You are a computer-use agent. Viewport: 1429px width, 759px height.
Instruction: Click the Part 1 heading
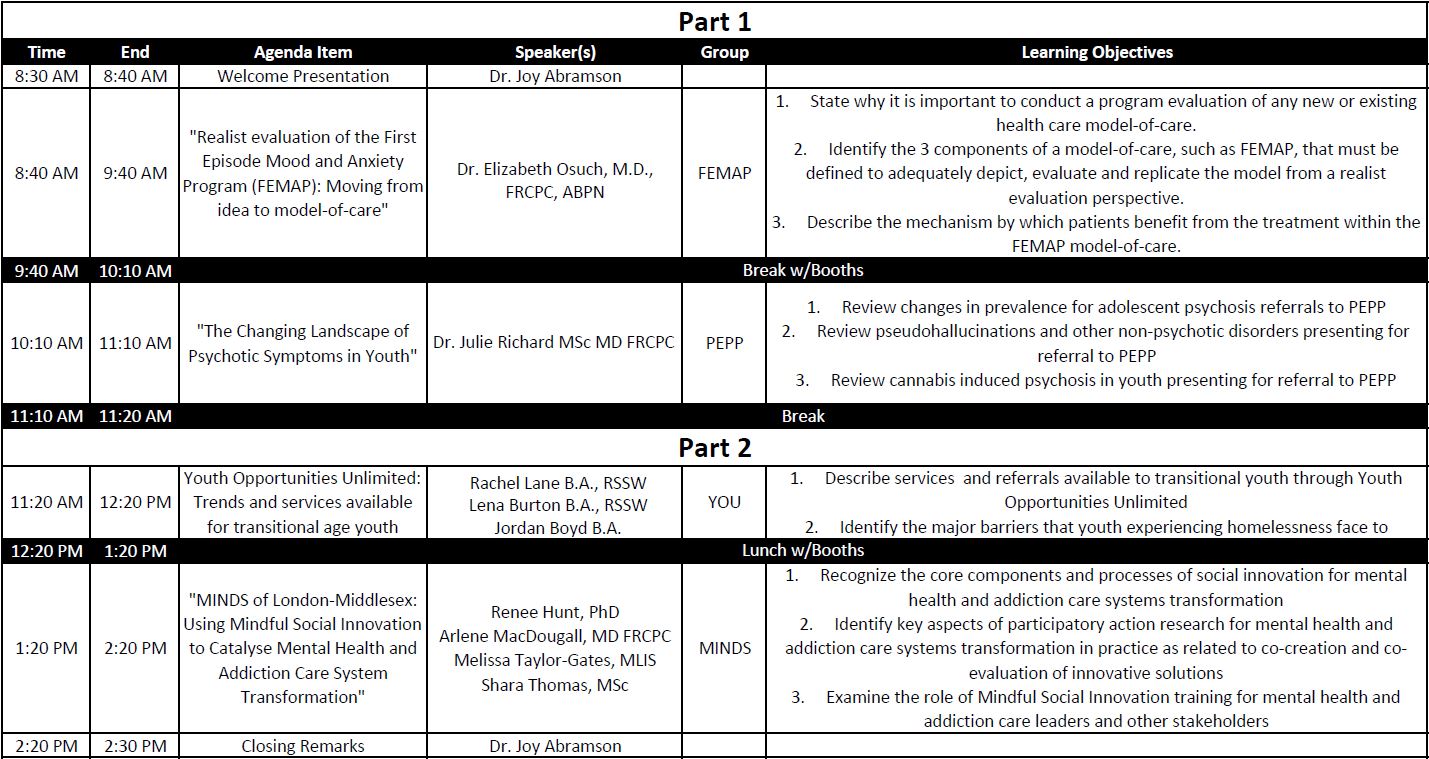pos(714,21)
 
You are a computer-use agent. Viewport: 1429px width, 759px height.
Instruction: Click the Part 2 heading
pos(714,447)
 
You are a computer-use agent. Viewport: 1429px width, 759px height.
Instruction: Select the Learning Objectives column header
pos(1097,52)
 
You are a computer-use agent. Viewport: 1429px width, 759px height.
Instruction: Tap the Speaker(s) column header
pos(555,52)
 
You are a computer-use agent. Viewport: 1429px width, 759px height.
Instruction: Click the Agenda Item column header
pos(303,52)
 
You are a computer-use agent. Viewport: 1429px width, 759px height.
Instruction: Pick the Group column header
pos(724,52)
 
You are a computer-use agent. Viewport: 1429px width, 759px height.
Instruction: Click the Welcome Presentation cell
pos(303,76)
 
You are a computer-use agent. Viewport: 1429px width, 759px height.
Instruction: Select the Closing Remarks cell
pos(303,746)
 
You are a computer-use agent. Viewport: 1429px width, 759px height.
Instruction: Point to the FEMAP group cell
pos(724,173)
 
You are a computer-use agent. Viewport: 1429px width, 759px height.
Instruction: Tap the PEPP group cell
pos(724,343)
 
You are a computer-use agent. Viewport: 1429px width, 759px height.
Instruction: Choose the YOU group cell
pos(724,502)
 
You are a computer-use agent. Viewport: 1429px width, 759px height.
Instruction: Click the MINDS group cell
pos(724,648)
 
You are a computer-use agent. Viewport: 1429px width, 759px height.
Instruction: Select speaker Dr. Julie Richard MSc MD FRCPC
pos(554,343)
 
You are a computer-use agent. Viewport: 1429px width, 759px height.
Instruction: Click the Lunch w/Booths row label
pos(803,550)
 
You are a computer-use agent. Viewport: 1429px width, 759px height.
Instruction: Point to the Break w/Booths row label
pos(803,270)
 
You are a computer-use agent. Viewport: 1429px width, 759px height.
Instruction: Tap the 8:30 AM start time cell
pos(46,76)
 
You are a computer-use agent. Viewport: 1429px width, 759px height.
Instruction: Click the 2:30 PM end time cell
pos(135,746)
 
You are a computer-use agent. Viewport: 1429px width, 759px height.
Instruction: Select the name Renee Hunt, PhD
pos(555,612)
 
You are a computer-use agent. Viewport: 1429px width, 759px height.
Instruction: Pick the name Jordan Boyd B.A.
pos(557,528)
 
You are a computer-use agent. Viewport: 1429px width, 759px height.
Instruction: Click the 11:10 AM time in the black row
pos(47,416)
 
